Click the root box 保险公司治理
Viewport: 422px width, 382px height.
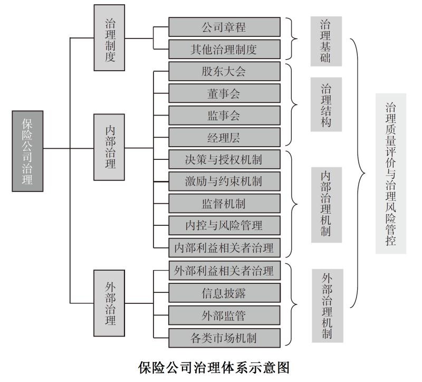tap(27, 150)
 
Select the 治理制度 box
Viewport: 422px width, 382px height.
tap(110, 38)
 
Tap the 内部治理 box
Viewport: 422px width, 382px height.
tap(110, 146)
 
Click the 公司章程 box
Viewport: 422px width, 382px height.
tap(224, 26)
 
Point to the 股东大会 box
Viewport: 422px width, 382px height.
tap(224, 71)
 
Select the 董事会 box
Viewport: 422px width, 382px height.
tap(224, 93)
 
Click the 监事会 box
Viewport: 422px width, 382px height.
tap(224, 116)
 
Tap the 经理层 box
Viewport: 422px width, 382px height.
tap(224, 138)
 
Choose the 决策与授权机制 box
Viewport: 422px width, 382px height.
tap(224, 159)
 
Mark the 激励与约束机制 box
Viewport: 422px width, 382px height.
tap(224, 182)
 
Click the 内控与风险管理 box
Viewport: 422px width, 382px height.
tap(224, 226)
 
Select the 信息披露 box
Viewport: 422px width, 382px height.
tap(224, 293)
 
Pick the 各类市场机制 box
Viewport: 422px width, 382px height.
tap(224, 337)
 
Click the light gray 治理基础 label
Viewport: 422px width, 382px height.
tap(325, 41)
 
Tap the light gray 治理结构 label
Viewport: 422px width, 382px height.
tap(327, 104)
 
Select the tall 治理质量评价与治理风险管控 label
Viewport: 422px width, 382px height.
tap(391, 174)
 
